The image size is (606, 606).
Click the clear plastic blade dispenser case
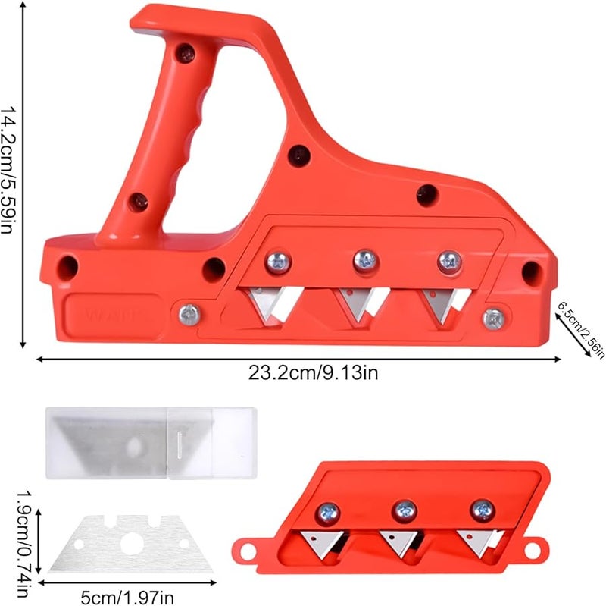[151, 443]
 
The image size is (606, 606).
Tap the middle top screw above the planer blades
[365, 261]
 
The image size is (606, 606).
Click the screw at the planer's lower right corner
[494, 319]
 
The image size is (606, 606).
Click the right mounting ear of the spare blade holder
[536, 545]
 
